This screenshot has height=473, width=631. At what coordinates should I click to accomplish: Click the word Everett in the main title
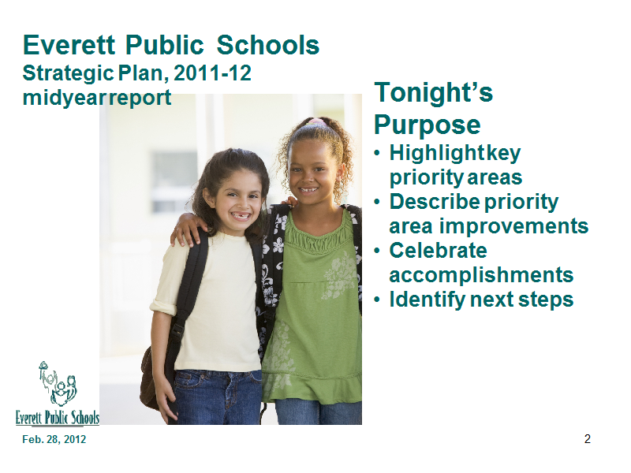click(69, 45)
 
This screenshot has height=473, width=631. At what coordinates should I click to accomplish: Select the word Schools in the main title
click(268, 45)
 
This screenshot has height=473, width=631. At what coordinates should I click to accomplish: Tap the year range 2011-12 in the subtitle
click(213, 73)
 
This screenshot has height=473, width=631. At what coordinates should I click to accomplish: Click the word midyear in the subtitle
click(63, 98)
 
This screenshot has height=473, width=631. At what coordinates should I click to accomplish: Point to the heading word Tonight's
click(433, 92)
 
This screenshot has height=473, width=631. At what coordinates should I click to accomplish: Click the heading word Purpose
click(428, 125)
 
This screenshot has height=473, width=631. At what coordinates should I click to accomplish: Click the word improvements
click(514, 226)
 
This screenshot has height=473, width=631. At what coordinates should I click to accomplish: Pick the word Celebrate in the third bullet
click(439, 251)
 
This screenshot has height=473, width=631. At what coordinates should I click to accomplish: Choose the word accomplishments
click(481, 275)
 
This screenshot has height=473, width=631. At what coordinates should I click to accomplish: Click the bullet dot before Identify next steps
click(377, 300)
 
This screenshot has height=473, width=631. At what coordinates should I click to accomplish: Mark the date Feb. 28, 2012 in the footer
click(54, 439)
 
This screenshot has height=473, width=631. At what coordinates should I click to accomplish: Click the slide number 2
click(588, 439)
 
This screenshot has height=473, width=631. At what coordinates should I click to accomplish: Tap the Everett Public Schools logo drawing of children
click(58, 384)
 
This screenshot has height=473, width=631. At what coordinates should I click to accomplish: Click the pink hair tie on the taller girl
click(316, 121)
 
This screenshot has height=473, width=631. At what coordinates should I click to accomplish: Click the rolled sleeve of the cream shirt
click(163, 307)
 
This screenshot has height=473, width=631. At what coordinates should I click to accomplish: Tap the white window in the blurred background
click(174, 182)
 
